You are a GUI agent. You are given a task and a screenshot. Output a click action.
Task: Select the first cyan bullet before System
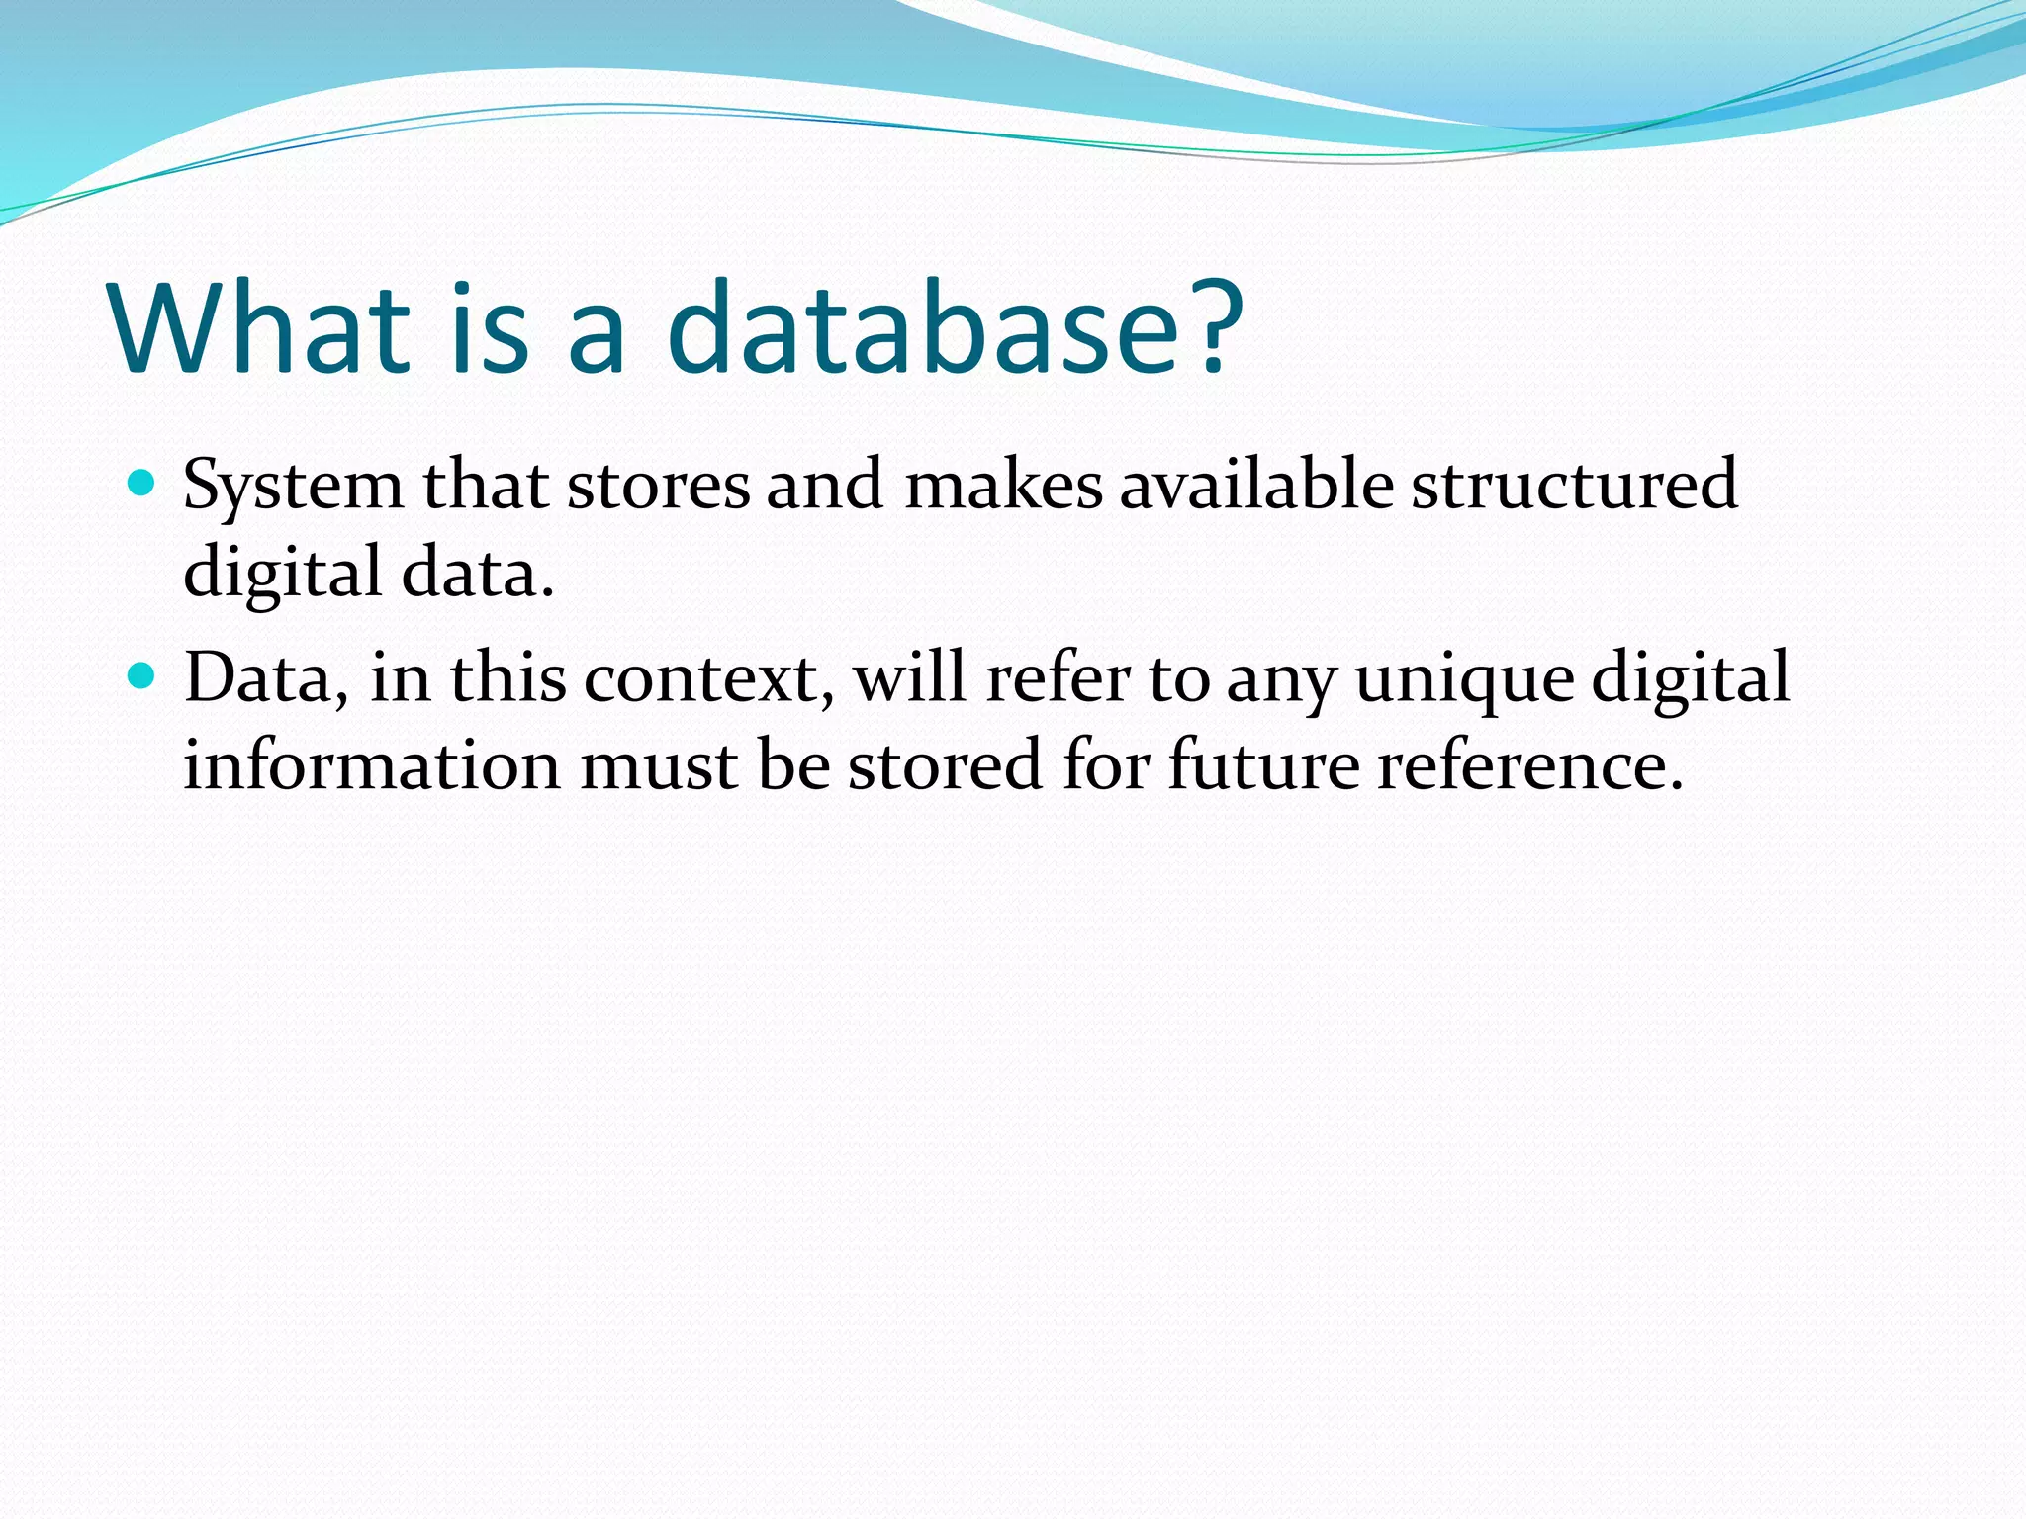(x=142, y=484)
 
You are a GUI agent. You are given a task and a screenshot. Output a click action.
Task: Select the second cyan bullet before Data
(x=142, y=676)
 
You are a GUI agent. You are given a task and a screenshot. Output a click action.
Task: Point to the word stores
(x=658, y=487)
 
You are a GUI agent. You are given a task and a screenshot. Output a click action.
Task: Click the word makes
(x=1002, y=487)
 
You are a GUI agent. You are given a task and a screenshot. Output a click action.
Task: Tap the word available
(x=1255, y=487)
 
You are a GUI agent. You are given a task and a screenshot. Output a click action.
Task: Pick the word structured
(x=1573, y=487)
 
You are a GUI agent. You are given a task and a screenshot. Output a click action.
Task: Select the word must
(x=658, y=767)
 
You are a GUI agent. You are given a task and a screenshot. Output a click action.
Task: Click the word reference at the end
(x=1529, y=767)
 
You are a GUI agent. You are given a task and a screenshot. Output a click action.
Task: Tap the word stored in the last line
(x=945, y=765)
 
